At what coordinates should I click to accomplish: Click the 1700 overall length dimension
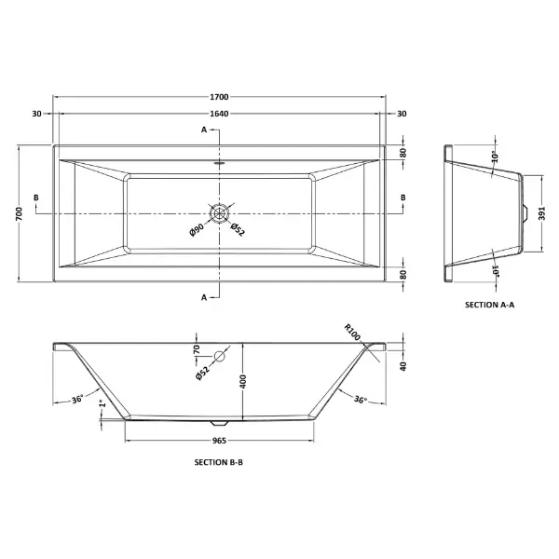[219, 97]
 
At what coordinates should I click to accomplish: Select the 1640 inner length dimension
[219, 114]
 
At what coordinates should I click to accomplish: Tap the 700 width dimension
[20, 213]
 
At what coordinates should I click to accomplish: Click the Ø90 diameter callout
[197, 229]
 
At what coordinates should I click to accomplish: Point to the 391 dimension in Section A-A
[542, 213]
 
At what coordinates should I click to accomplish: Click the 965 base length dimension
[219, 441]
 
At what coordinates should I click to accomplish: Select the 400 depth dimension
[243, 381]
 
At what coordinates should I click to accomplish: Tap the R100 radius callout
[352, 332]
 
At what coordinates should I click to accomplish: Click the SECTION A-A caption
[489, 305]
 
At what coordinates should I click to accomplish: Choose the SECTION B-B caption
[219, 462]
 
